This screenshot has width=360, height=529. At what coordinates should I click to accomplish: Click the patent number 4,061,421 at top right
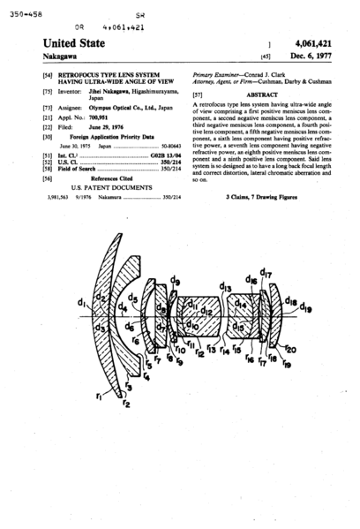point(314,41)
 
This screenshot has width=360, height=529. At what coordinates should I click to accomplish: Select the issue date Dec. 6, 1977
point(319,55)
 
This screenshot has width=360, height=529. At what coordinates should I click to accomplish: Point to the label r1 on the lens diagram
point(110,397)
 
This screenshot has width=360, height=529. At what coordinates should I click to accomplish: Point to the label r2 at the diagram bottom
point(127,404)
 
